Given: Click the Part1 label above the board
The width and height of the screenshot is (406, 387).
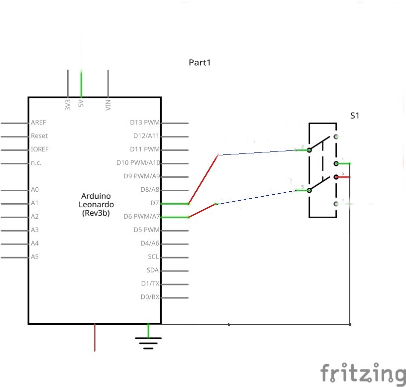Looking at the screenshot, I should tap(200, 63).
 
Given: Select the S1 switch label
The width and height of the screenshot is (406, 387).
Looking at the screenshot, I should tap(355, 116).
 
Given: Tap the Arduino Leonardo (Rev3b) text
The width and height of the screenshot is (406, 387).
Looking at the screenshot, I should tap(97, 204).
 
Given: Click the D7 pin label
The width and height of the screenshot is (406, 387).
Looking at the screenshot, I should tap(155, 203).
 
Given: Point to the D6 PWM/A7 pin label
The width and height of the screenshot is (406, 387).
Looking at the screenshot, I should tap(142, 217).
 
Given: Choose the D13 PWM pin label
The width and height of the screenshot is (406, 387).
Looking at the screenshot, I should tap(145, 123).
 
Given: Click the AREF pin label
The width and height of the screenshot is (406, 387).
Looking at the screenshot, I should tap(38, 123).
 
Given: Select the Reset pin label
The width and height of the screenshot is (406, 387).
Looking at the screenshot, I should tap(39, 136).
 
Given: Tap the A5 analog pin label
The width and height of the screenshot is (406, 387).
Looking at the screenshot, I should tap(35, 257).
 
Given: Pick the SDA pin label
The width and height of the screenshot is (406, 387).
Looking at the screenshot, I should tap(153, 270).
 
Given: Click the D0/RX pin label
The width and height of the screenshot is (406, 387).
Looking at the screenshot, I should tap(150, 297).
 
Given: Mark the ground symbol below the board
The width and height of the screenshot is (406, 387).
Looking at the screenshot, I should tap(148, 342).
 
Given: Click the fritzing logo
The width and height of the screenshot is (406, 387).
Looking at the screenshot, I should tap(362, 373).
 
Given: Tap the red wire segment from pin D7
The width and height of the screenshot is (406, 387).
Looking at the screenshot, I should tap(203, 179).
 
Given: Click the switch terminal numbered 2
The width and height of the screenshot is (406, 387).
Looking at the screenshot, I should tap(308, 149).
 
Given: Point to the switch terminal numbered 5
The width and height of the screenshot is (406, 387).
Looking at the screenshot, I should tap(308, 190).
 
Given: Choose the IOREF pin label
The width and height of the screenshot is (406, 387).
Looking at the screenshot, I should tap(40, 149).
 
